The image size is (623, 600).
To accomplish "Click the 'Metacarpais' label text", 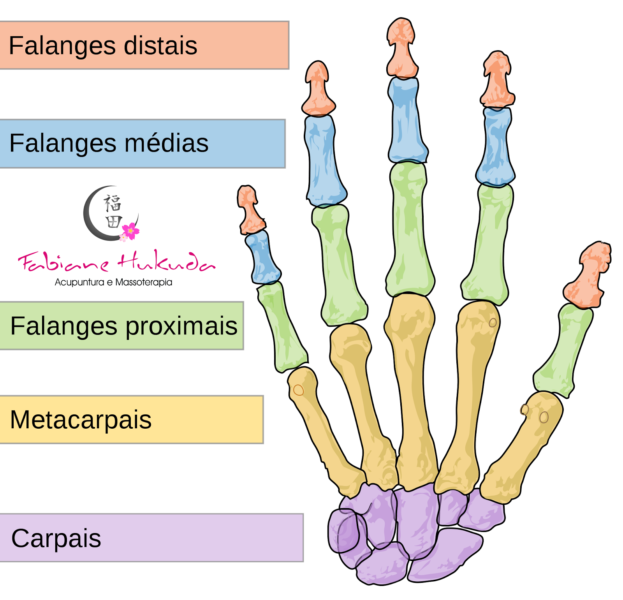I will coord(81,420).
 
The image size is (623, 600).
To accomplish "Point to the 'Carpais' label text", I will coord(56,538).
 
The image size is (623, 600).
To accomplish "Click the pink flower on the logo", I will coord(131,231).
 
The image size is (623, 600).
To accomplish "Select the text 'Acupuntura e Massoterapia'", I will coord(113,282).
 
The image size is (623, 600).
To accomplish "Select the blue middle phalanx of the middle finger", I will coord(407,121).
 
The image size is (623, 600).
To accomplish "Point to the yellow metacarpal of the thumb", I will coord(522,448).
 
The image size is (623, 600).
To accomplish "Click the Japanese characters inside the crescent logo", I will coord(113,212).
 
